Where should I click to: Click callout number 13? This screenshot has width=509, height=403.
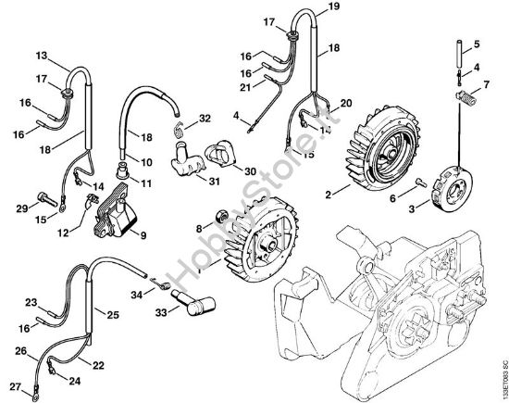click(42, 57)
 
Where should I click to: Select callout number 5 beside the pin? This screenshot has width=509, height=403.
click(477, 44)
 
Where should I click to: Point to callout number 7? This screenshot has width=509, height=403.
click(478, 87)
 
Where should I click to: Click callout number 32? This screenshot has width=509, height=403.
click(205, 119)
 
